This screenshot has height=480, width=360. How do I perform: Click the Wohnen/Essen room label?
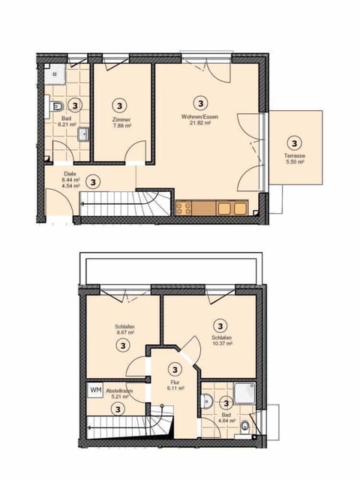pos(199,116)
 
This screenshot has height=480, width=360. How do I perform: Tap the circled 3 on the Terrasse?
pos(294,142)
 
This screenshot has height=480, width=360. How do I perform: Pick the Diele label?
pos(69,174)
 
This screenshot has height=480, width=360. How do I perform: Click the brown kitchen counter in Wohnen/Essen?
pos(213,208)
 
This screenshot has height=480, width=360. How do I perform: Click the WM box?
pos(95,390)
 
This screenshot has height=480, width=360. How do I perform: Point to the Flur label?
pos(175,381)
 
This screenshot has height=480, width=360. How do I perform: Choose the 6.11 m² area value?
pos(175,388)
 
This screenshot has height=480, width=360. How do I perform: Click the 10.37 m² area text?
pos(220,344)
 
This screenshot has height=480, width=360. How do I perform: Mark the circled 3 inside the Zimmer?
pos(121,104)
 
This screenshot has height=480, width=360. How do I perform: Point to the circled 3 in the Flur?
pos(175,368)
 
